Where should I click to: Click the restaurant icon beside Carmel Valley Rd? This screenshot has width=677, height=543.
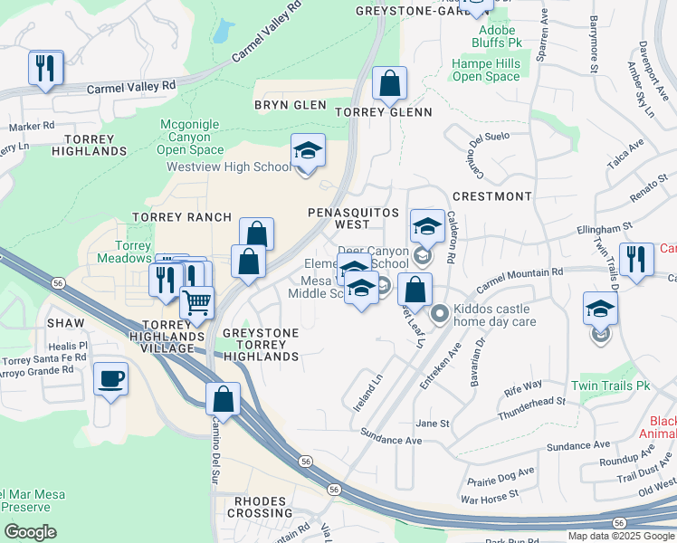(45, 68)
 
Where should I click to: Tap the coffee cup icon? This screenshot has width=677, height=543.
(110, 379)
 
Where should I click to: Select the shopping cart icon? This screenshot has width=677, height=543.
(196, 303)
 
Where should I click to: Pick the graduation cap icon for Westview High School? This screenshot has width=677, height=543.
(308, 151)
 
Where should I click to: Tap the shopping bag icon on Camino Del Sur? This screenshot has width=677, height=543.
(223, 398)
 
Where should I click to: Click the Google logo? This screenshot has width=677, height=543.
(30, 531)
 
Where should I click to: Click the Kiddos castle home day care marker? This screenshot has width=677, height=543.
(440, 314)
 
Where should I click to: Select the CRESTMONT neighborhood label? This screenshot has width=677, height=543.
(491, 196)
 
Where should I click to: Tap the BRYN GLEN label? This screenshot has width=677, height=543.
(290, 105)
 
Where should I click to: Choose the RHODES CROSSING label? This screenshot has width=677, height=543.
(261, 507)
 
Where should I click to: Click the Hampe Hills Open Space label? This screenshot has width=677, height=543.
(486, 71)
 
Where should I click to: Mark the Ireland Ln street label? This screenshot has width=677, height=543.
(368, 392)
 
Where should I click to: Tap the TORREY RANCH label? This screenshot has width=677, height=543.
(171, 217)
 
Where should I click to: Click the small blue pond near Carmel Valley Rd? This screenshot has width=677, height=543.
(220, 32)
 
